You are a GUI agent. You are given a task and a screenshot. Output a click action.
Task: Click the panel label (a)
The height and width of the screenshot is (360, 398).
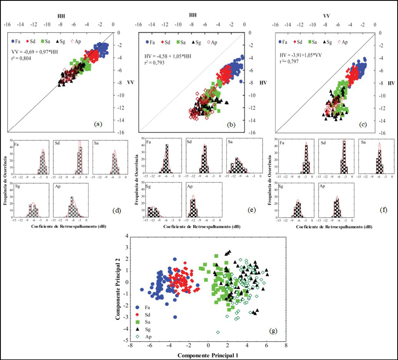tap(98, 124)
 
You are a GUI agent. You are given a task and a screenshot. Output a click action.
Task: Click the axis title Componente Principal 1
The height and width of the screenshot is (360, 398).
tap(207, 355)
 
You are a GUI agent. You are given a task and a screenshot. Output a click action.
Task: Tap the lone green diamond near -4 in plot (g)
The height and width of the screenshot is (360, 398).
tap(218, 332)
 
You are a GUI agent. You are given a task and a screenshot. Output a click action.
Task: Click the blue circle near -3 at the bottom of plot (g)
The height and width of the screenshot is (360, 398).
tap(175, 317)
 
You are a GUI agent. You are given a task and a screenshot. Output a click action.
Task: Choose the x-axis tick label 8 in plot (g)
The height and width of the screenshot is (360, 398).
tap(285, 346)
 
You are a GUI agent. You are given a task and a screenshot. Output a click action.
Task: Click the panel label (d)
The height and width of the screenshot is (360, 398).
tap(118, 211)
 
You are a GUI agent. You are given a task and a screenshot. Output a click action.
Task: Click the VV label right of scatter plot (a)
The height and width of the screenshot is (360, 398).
tap(122, 82)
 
